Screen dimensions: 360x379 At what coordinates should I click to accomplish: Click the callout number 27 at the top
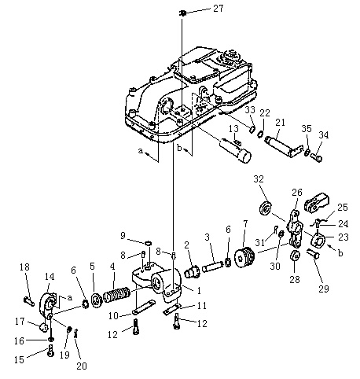[218, 9]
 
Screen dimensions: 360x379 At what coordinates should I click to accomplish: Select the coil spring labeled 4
[116, 294]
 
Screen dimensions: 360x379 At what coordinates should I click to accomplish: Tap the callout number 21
[280, 123]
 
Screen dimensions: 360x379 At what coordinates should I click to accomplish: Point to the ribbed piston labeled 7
[244, 257]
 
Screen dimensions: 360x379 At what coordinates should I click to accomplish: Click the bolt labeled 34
[317, 158]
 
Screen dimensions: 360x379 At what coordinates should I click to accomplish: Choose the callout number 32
[259, 179]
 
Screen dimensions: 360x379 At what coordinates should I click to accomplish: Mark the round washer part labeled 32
[266, 208]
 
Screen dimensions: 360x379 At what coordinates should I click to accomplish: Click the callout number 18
[24, 267]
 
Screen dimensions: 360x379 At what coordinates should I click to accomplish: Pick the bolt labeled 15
[50, 351]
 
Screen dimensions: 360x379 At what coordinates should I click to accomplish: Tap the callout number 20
[82, 366]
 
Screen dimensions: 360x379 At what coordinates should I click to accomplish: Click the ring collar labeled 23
[318, 241]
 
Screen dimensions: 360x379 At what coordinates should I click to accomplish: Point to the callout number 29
[324, 289]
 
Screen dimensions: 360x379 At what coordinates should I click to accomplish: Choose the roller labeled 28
[295, 256]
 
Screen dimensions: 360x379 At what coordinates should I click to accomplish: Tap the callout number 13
[233, 128]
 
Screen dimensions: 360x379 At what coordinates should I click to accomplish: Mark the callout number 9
[123, 236]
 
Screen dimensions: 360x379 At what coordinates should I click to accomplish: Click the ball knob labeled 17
[43, 327]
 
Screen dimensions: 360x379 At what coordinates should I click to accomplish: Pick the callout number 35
[307, 128]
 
